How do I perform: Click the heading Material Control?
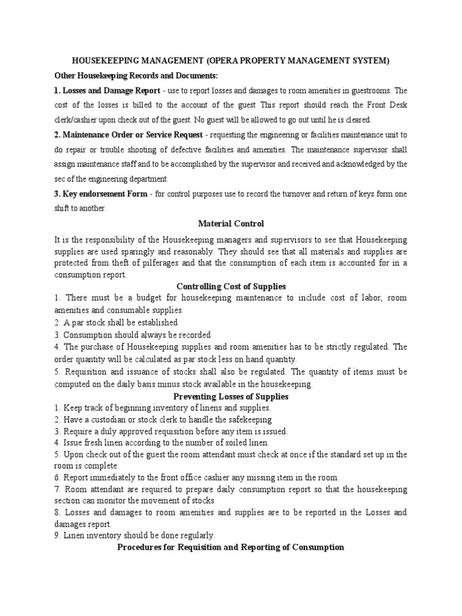(x=231, y=224)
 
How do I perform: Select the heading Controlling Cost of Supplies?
(x=231, y=287)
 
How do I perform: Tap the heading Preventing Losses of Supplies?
(x=231, y=396)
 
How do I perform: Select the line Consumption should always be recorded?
(x=132, y=334)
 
